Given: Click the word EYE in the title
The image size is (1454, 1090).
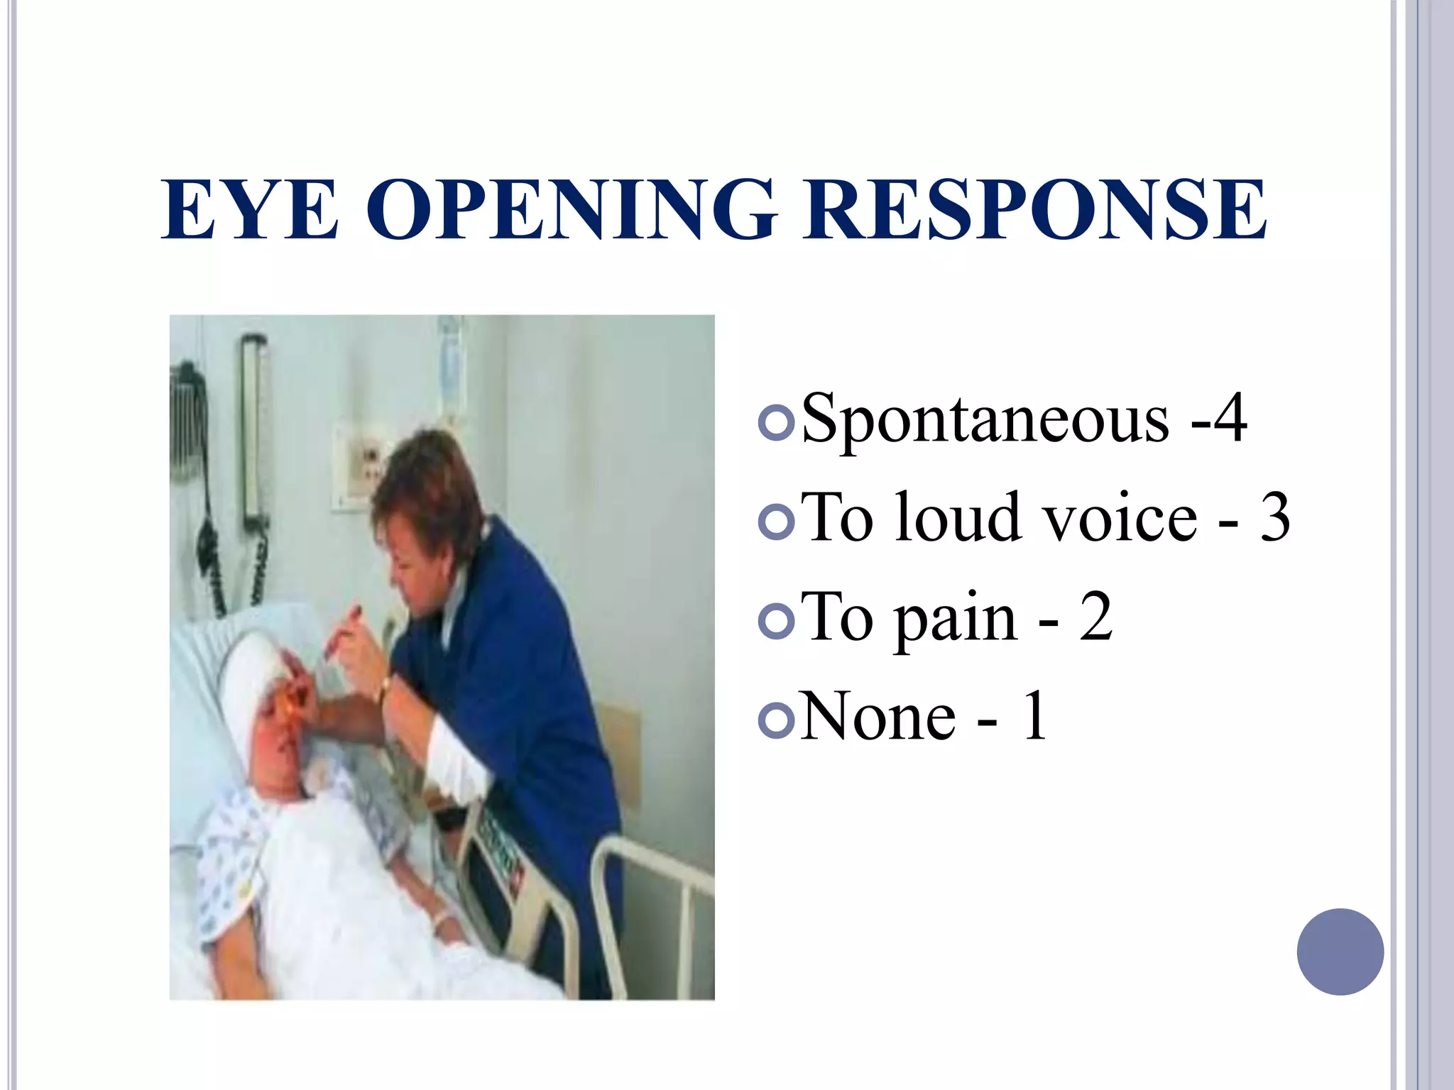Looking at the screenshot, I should pyautogui.click(x=250, y=209).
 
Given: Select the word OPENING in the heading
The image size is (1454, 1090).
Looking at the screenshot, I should pyautogui.click(x=570, y=209).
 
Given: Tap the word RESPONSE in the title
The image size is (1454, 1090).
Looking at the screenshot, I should pyautogui.click(x=1034, y=209).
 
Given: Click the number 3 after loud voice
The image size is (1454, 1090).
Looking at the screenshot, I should pyautogui.click(x=1274, y=518).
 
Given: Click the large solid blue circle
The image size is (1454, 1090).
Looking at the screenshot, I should pyautogui.click(x=1340, y=952).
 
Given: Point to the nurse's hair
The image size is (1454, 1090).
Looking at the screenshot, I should pyautogui.click(x=426, y=490).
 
